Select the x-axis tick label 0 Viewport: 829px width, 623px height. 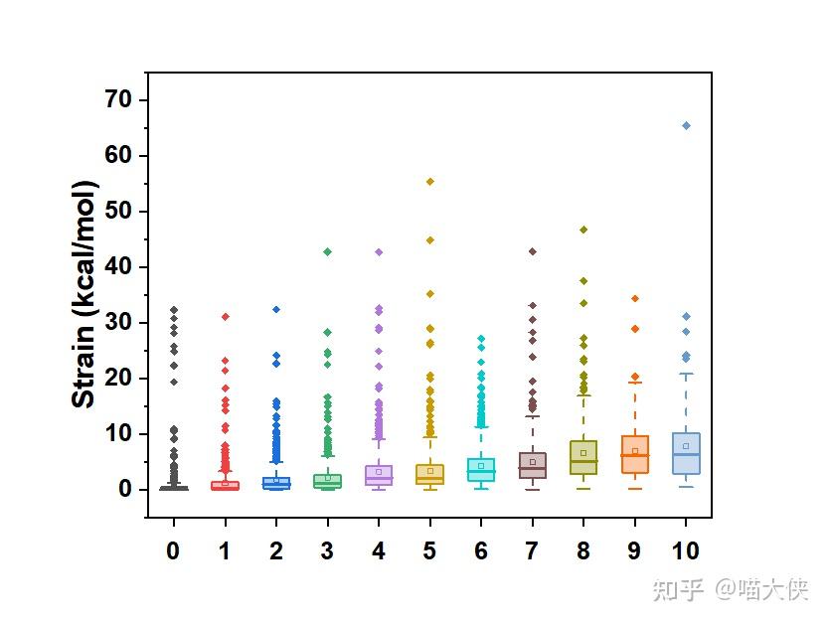pyautogui.click(x=173, y=550)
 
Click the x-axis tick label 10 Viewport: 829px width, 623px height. pyautogui.click(x=686, y=550)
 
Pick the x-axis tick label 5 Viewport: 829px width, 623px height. pyautogui.click(x=429, y=550)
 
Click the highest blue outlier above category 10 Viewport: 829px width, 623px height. pyautogui.click(x=686, y=125)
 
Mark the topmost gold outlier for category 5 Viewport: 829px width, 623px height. pyautogui.click(x=429, y=182)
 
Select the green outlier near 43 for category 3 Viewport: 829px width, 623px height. pyautogui.click(x=327, y=251)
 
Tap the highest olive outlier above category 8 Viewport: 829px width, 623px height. pyautogui.click(x=583, y=230)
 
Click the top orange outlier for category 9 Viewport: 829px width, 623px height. pyautogui.click(x=634, y=298)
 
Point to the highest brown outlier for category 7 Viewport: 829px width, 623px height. pyautogui.click(x=532, y=251)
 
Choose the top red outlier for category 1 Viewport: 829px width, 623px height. pyautogui.click(x=225, y=317)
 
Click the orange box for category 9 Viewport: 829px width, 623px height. pyautogui.click(x=634, y=454)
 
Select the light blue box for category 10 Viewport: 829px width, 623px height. pyautogui.click(x=686, y=453)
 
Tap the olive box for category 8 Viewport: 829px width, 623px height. pyautogui.click(x=583, y=457)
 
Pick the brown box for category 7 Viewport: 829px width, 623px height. pyautogui.click(x=532, y=465)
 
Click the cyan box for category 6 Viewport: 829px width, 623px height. pyautogui.click(x=481, y=469)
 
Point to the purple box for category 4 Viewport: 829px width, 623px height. pyautogui.click(x=379, y=474)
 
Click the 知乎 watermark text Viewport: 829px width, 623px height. pyautogui.click(x=678, y=589)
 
